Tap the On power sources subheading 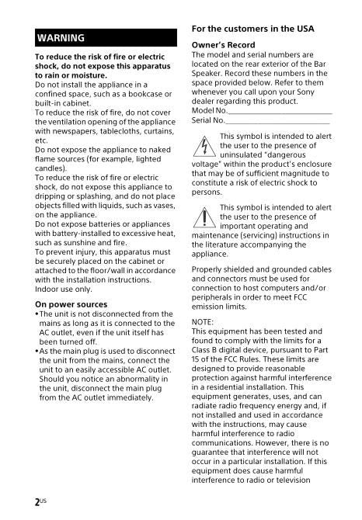[x=71, y=304]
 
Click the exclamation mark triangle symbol [x=204, y=218]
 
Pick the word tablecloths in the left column [x=109, y=131]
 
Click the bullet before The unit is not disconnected [x=37, y=314]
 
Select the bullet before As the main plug [x=37, y=352]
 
